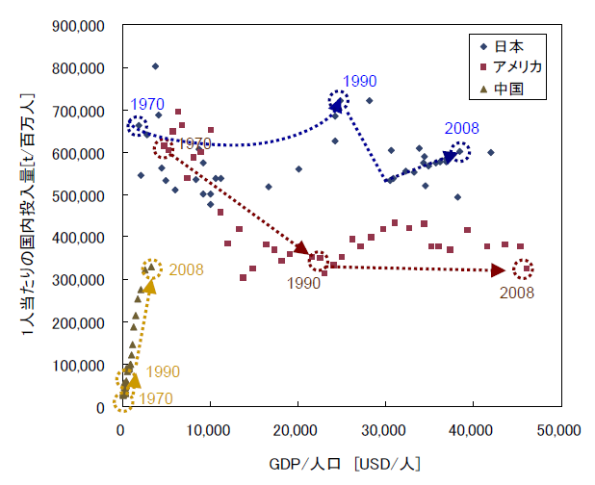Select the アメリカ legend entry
click(510, 67)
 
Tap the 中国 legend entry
click(502, 89)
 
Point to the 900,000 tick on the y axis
click(80, 27)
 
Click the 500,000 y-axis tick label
click(80, 195)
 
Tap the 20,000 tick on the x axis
click(296, 430)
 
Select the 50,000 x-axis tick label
click(559, 430)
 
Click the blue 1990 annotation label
click(359, 81)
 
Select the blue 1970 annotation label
click(147, 103)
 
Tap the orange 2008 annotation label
click(186, 269)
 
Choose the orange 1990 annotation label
click(163, 371)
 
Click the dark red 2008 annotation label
click(517, 293)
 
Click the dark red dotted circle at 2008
click(524, 269)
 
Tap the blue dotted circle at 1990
click(338, 101)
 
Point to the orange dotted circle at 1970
click(123, 400)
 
